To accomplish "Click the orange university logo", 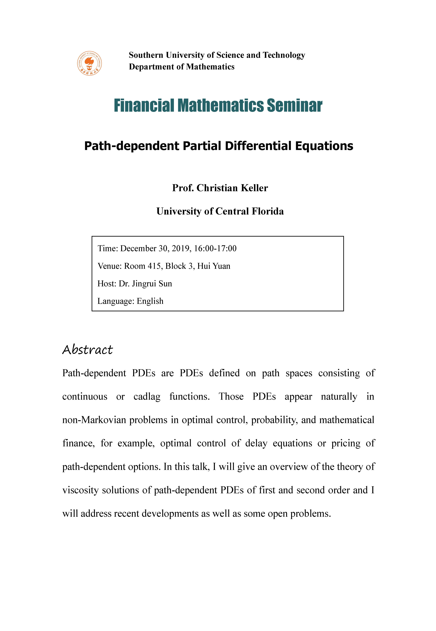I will click(x=89, y=63).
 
